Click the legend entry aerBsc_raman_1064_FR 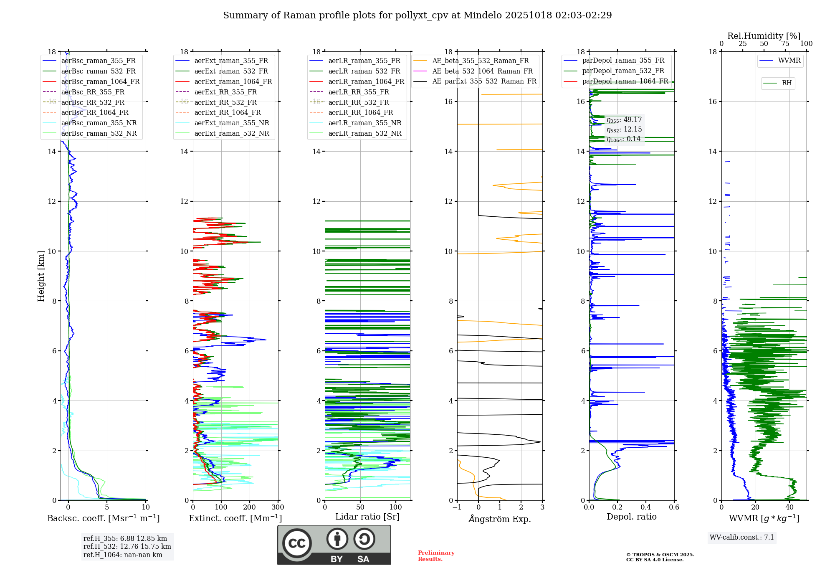pos(100,82)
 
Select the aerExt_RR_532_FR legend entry pos(225,102)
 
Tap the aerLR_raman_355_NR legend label pos(364,123)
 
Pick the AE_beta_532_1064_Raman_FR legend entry pos(482,71)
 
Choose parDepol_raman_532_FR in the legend pos(623,71)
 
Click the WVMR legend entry pos(789,61)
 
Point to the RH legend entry pos(787,83)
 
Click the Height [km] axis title pos(41,276)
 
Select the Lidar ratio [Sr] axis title pos(367,517)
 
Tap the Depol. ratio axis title pos(631,517)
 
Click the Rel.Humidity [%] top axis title pos(764,36)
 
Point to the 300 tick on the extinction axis pos(278,507)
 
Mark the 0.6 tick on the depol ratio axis pos(674,507)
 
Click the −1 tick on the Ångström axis pos(457,507)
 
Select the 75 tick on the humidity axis pos(785,44)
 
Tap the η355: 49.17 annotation pos(624,120)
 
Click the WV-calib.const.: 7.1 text pos(742,538)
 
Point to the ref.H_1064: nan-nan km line pos(123,555)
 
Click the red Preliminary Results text pos(436,556)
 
